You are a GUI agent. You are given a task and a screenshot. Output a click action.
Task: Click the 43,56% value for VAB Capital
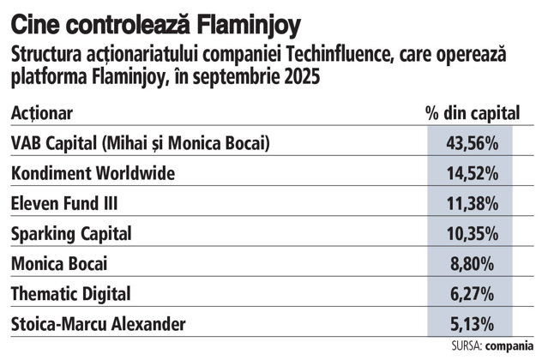(473, 143)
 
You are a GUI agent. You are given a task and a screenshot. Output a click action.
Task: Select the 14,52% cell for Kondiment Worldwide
(473, 173)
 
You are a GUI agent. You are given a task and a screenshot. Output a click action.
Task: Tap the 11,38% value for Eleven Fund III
(473, 203)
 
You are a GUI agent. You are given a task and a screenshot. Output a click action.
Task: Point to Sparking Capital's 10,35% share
(473, 234)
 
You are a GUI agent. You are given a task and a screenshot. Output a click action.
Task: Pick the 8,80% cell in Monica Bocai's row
(472, 264)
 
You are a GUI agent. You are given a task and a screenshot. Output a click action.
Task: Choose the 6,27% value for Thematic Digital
(472, 294)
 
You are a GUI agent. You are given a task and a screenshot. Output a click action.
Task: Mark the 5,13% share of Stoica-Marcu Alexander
(472, 324)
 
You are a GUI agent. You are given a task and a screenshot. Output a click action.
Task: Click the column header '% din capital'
(473, 113)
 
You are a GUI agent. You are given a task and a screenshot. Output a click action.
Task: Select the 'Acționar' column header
(42, 113)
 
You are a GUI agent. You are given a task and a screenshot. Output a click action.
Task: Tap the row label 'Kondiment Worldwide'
(93, 173)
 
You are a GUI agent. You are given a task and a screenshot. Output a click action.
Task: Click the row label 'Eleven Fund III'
(64, 203)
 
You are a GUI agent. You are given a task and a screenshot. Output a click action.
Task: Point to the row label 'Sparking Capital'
(71, 234)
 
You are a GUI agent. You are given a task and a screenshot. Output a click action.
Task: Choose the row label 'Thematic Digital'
(71, 294)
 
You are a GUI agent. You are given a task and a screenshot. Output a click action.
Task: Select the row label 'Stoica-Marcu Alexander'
(99, 324)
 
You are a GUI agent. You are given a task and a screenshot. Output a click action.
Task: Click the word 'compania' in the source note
(509, 346)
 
